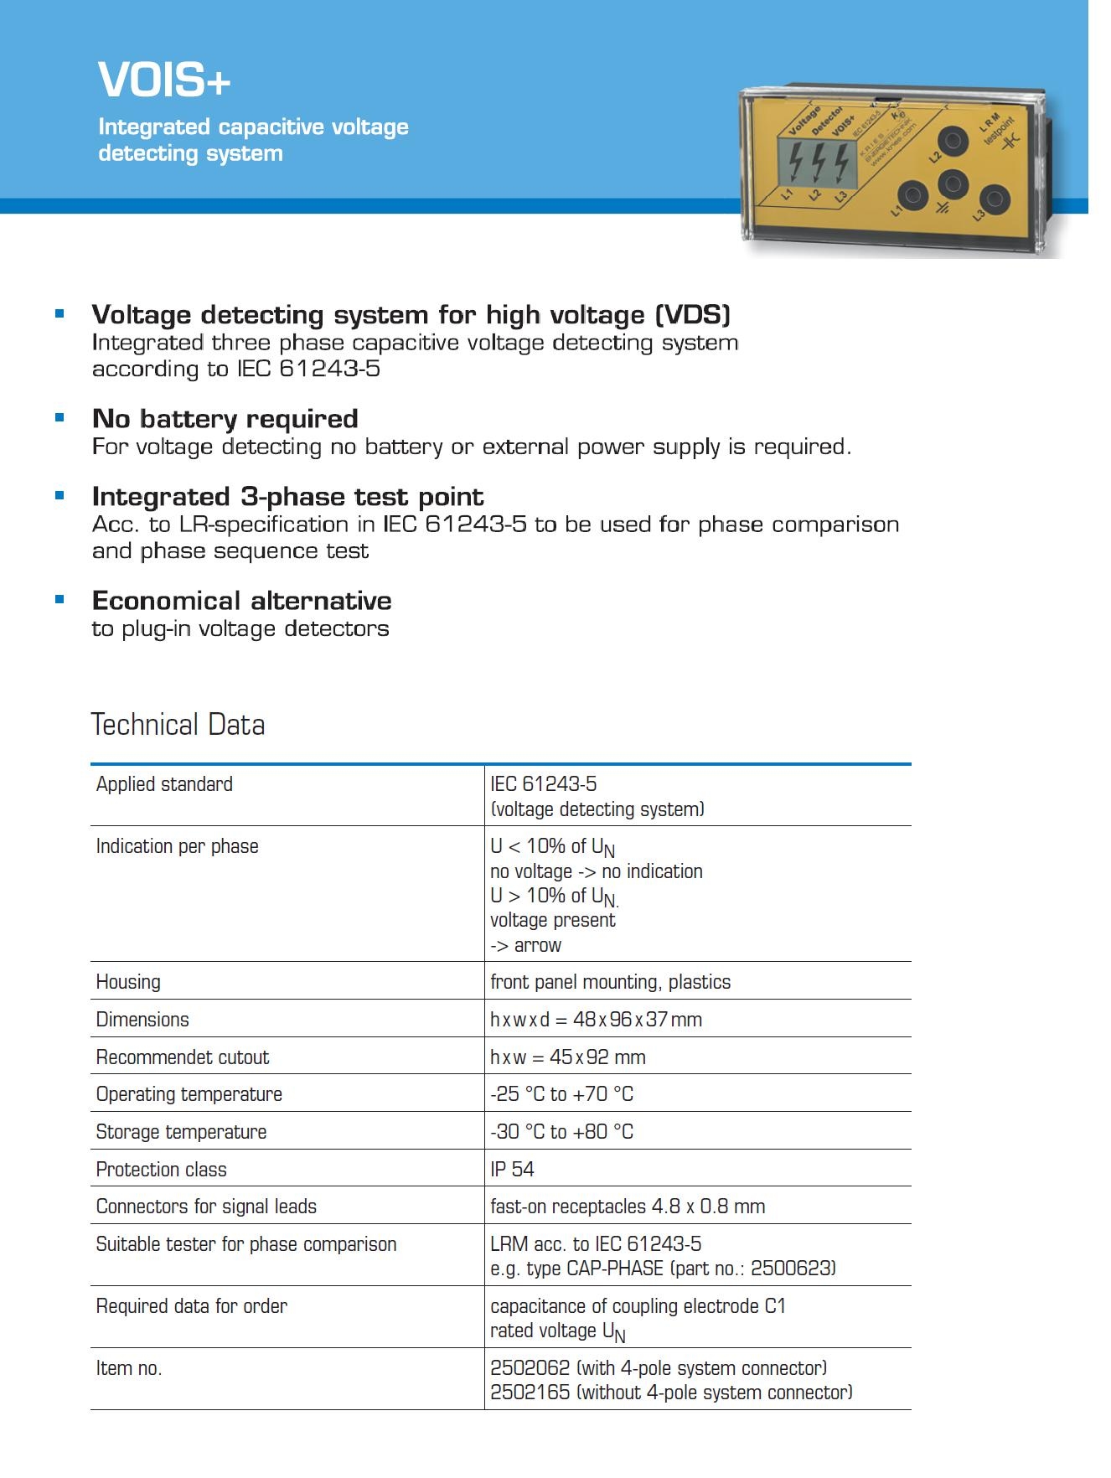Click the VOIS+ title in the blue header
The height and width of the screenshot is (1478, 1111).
164,80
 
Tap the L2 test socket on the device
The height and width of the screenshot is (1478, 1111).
953,140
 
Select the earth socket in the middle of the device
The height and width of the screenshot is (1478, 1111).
953,183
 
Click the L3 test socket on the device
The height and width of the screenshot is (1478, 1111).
995,199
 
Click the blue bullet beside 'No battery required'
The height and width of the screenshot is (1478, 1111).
59,417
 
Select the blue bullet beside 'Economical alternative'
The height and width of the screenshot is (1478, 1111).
59,599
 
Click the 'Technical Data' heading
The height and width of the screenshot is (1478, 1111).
178,725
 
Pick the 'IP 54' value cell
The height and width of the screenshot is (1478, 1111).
512,1169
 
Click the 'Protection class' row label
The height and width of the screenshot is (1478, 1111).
161,1169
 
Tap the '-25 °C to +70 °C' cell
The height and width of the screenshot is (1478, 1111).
561,1093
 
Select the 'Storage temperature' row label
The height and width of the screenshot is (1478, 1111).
181,1131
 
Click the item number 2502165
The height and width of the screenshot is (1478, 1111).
530,1392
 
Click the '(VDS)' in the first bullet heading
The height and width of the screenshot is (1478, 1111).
692,315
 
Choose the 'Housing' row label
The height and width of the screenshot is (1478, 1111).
128,981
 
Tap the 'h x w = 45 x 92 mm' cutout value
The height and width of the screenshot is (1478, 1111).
567,1057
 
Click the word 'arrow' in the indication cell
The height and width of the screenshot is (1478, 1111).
538,945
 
